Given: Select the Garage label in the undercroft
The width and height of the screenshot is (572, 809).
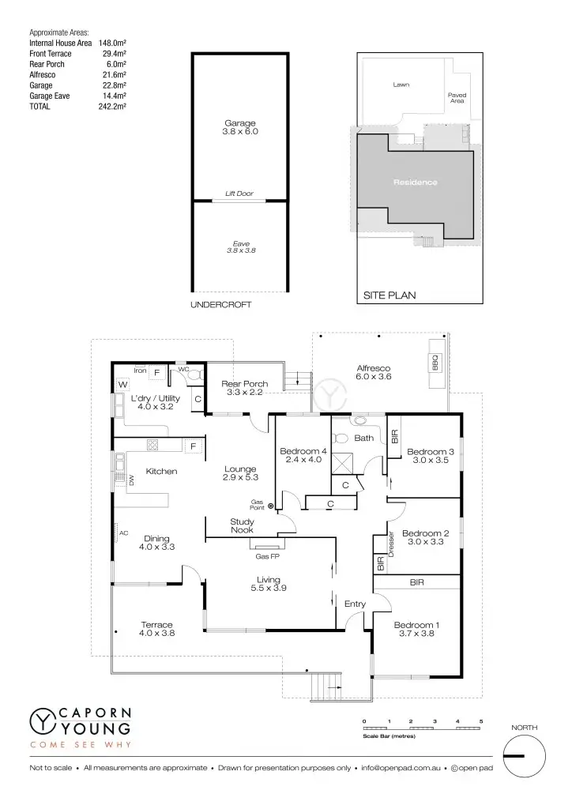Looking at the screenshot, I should pos(240,124).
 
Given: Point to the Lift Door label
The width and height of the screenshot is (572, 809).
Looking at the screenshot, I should pos(239,194).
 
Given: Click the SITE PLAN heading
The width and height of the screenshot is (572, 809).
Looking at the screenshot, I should pos(389,295).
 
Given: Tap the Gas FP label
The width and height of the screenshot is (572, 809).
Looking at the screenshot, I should pos(266,556).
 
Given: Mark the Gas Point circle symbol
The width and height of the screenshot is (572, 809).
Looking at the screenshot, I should pos(271,506).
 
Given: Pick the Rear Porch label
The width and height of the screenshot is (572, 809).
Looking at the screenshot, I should pos(246,384).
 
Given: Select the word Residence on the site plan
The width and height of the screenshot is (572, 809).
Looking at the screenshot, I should pos(416,182).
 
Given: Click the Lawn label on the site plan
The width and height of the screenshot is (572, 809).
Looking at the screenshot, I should pos(401,85).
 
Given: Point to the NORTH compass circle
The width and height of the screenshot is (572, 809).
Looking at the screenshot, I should pos(524,756).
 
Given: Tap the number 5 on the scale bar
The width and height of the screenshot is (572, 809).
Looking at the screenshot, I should pos(481,722).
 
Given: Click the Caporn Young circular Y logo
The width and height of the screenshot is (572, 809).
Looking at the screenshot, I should pos(42,721).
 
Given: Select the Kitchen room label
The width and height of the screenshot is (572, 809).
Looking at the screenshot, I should pos(161,472).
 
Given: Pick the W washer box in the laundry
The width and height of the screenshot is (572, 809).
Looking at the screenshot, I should pos(123,385).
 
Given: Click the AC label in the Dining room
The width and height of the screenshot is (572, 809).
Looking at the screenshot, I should pos(123,533).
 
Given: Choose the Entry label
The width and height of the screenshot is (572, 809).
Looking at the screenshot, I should pos(356,604).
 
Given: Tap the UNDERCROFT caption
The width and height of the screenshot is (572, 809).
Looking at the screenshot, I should pos(221,304).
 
